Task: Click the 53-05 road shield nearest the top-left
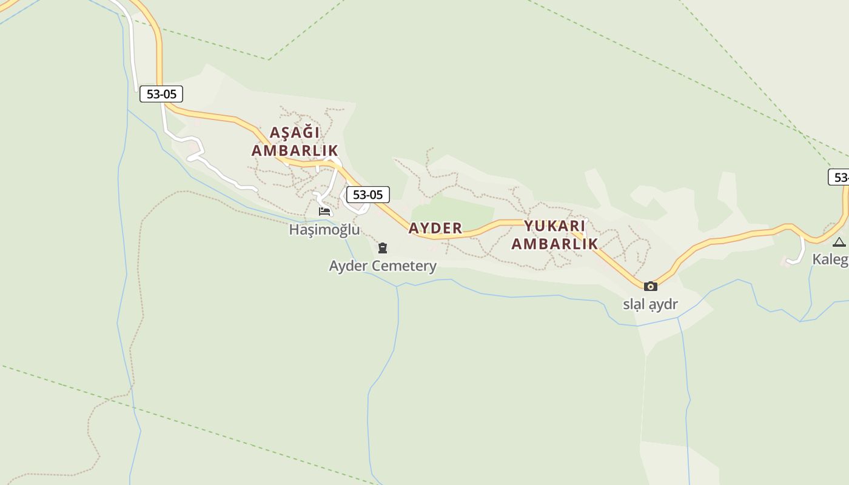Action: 161,94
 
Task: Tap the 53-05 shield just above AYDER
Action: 367,195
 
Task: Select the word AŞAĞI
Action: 294,132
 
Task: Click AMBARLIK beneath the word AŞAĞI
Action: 295,150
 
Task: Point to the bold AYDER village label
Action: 435,228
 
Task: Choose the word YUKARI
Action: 555,226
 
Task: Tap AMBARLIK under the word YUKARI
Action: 554,244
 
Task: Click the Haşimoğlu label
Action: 324,230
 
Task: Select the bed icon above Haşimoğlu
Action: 324,212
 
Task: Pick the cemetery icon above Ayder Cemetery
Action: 383,247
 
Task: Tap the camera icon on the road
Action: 650,286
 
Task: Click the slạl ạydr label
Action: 650,304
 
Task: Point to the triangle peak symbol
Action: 839,242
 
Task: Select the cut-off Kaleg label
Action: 830,259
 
